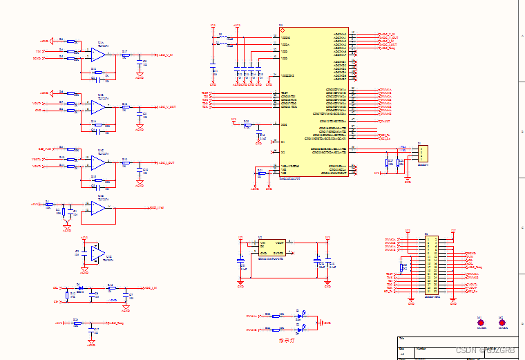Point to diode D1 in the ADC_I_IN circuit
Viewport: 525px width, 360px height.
[79, 287]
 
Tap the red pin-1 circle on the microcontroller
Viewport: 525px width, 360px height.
[282, 30]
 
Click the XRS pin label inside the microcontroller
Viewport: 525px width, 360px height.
[283, 124]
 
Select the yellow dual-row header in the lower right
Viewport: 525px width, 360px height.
[431, 265]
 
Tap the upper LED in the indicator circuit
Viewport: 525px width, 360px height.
[298, 316]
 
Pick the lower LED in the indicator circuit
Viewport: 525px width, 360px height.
[298, 330]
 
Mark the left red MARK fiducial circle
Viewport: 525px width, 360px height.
[479, 322]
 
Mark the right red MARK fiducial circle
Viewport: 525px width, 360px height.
[502, 322]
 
